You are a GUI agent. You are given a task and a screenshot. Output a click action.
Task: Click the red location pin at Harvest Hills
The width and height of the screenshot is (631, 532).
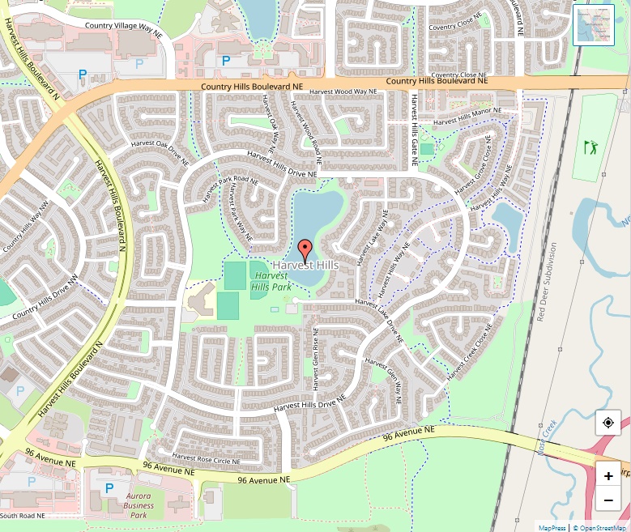pyautogui.click(x=305, y=249)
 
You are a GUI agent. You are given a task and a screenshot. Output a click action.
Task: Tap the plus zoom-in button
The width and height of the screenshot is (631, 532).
pyautogui.click(x=608, y=475)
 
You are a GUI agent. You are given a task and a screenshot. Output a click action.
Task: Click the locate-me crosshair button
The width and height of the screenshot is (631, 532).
pyautogui.click(x=608, y=423)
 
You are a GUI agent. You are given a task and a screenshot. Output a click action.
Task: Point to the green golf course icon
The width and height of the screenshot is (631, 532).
pyautogui.click(x=590, y=147)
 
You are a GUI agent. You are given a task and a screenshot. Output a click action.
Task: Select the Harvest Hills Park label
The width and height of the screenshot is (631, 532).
pyautogui.click(x=270, y=281)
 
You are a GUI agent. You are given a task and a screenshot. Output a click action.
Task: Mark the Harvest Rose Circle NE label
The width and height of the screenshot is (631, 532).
pyautogui.click(x=206, y=458)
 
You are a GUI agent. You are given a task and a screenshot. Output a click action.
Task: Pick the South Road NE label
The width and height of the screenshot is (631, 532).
pyautogui.click(x=23, y=516)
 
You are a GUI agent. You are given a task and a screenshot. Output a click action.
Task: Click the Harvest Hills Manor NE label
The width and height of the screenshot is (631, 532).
pyautogui.click(x=468, y=116)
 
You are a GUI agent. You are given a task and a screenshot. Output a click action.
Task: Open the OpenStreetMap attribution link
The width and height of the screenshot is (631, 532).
pyautogui.click(x=600, y=527)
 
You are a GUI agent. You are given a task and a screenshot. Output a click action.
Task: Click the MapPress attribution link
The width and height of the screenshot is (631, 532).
pyautogui.click(x=552, y=527)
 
